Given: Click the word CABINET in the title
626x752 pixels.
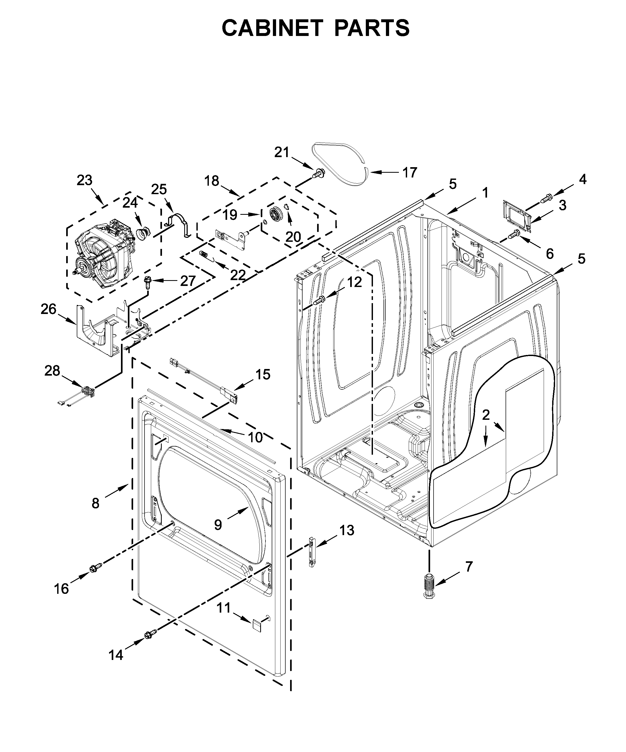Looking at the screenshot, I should (269, 28).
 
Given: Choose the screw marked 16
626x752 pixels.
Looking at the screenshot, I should (95, 567).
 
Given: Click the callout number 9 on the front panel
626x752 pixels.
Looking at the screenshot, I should (218, 525).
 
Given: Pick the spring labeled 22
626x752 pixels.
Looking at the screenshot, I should (204, 255).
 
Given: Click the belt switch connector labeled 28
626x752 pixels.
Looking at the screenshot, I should (87, 391).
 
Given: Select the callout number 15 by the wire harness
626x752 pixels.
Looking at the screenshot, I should (263, 375).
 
